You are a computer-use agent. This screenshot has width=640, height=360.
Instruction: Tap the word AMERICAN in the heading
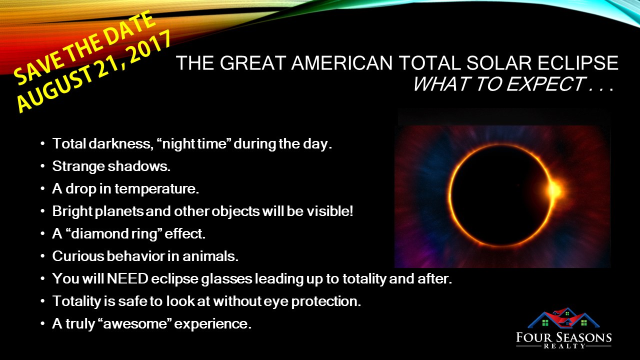[x=341, y=63]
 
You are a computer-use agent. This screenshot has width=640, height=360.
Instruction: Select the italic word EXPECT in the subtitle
[x=545, y=84]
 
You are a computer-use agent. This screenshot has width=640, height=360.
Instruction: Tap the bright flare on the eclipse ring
[x=555, y=190]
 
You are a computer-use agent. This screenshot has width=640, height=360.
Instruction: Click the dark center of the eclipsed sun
[x=500, y=195]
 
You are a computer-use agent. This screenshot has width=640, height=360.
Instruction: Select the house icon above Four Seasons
[x=563, y=317]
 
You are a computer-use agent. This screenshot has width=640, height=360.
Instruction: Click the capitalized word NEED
[x=127, y=278]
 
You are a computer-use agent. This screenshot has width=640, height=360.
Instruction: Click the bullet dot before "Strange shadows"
[x=42, y=166]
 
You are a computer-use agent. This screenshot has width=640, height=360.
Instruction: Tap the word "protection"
[x=326, y=301]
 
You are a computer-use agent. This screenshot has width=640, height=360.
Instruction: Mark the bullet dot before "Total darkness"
[x=42, y=143]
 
